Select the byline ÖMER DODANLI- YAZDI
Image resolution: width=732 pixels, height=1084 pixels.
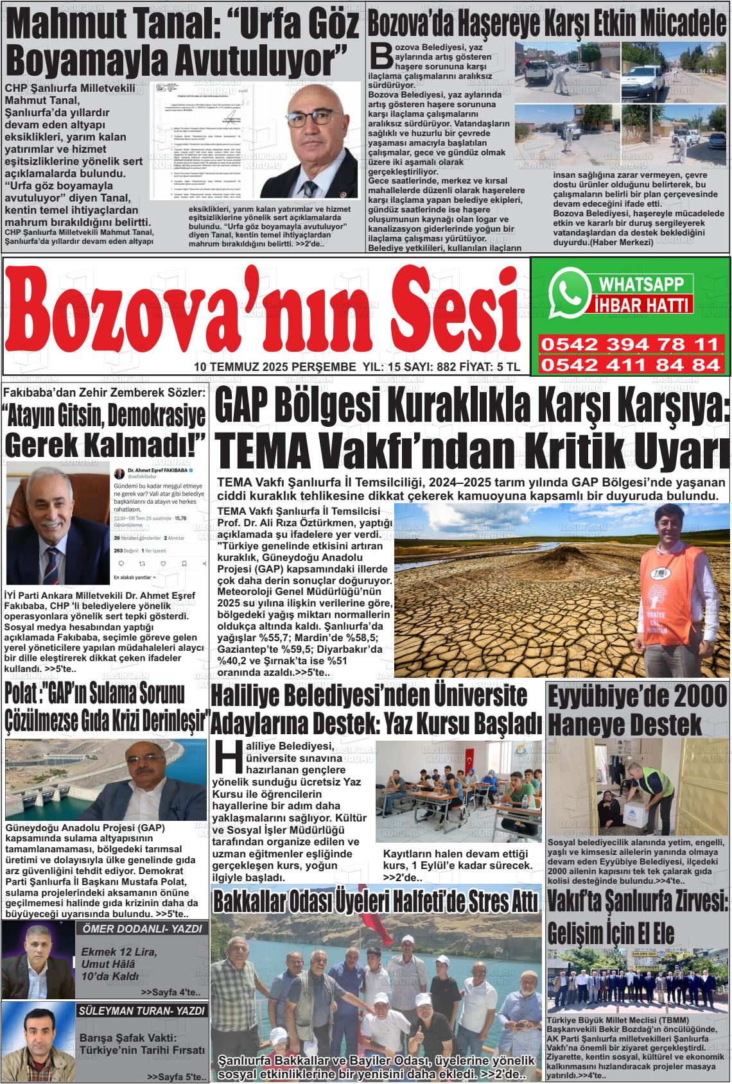coord(142,929)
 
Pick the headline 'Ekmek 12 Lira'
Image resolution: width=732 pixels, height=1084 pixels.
coord(119,952)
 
